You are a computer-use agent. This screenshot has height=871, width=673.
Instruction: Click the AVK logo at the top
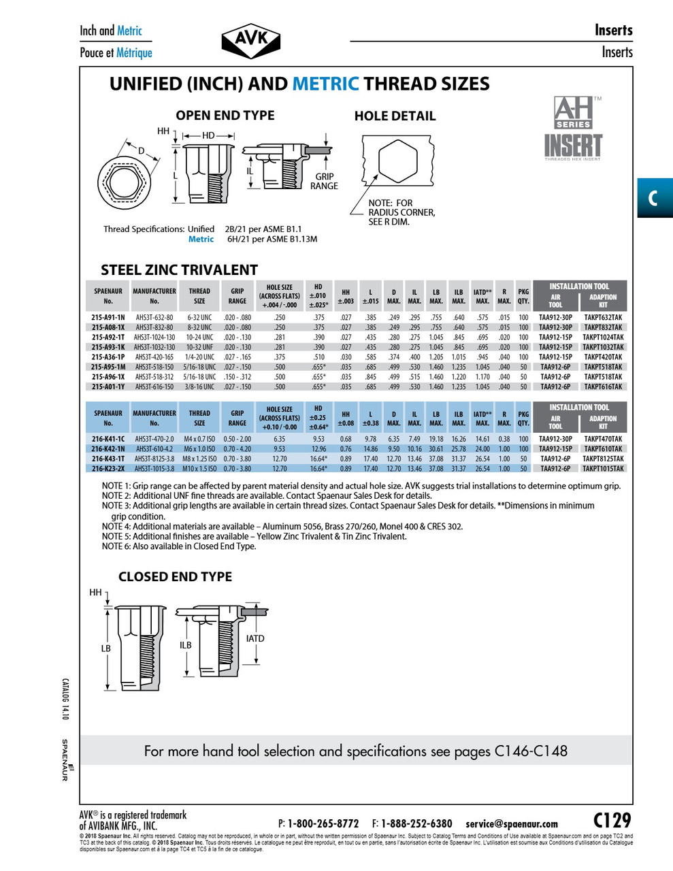coord(251,42)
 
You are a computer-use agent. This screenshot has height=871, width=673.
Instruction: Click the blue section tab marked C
coord(653,198)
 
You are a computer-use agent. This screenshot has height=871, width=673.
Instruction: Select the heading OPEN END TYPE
coord(225,116)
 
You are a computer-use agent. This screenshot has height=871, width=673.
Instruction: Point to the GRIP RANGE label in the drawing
coord(324,181)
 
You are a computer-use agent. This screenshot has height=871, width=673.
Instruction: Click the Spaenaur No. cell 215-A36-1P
coord(108,357)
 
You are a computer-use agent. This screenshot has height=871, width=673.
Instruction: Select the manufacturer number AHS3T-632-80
coord(154,318)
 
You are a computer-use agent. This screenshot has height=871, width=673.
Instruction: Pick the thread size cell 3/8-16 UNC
coord(199,387)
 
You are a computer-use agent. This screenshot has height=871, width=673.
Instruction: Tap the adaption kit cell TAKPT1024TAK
coord(603,338)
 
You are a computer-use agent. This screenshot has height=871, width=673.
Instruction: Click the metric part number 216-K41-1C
coord(108,440)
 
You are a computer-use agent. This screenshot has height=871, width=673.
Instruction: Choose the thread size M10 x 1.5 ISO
coord(199,469)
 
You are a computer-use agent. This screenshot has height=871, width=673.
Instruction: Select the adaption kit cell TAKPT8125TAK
coord(603,459)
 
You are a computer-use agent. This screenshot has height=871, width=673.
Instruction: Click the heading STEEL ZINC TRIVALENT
coord(179,270)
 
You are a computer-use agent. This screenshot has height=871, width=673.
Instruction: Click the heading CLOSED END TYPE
coord(175,577)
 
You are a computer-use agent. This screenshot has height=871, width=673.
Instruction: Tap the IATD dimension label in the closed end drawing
coord(255,639)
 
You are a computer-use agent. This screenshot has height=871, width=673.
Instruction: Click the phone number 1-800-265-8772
coord(323,823)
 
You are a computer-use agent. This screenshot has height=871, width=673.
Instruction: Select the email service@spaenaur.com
coord(512,823)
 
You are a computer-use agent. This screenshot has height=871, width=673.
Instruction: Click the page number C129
coord(612,821)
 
